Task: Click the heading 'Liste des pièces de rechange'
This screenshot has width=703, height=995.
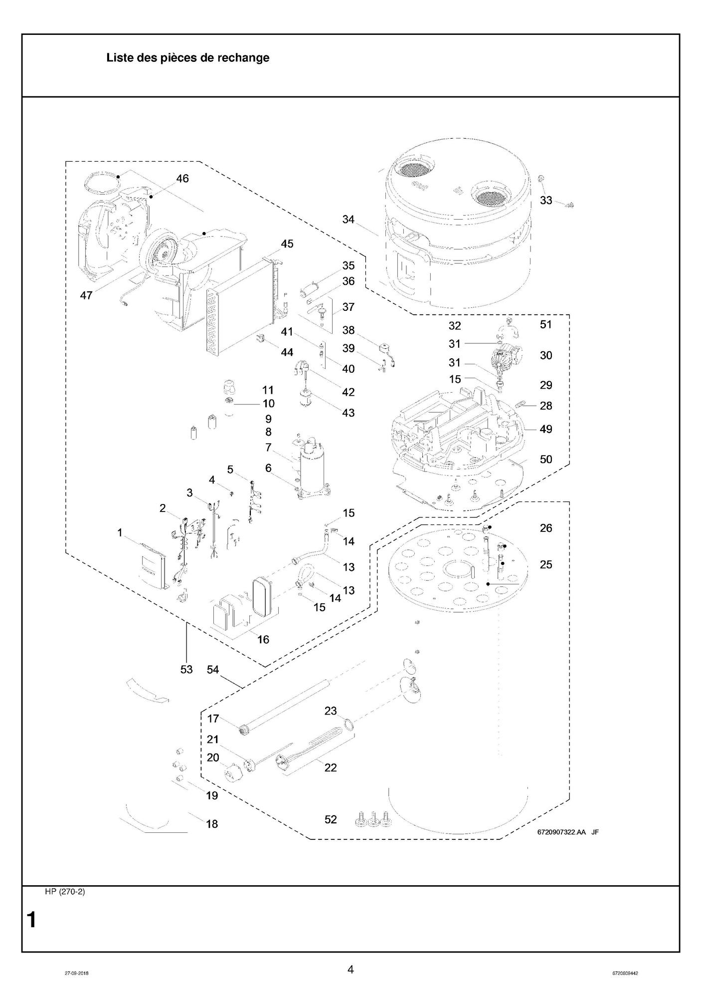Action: coord(187,58)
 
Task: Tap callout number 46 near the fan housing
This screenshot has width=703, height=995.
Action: coord(182,178)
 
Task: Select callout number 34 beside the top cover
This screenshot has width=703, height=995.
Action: coord(348,219)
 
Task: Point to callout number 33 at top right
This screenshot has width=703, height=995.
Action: coord(546,200)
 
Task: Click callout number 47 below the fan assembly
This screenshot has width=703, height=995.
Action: coord(86,295)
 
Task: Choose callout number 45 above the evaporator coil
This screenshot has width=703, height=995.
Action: coord(287,244)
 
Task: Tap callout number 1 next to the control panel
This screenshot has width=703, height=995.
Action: coord(120,533)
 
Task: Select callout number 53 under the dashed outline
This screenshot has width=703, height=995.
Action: coord(186,669)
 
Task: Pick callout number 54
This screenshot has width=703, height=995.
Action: coord(213,669)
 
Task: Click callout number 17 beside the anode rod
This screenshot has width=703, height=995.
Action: coord(213,719)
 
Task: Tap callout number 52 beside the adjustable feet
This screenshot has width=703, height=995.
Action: coord(331,819)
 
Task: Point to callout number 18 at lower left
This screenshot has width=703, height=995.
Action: coord(212,824)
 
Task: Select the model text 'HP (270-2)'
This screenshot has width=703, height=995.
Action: coord(65,892)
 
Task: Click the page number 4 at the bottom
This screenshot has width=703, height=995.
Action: coord(351,970)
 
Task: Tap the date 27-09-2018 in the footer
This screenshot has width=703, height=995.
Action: coord(77,973)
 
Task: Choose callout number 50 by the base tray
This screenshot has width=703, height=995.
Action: coord(546,459)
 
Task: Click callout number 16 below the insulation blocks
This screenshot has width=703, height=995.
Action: coord(263,639)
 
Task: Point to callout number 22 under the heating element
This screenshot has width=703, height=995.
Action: coord(331,767)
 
